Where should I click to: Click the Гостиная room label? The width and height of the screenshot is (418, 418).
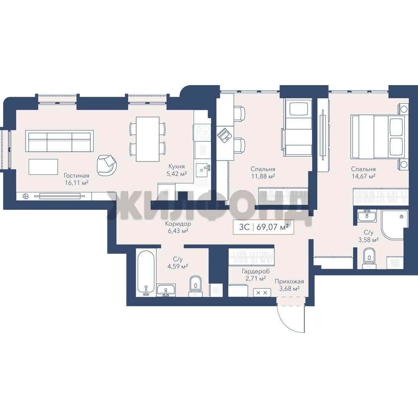click(76, 176)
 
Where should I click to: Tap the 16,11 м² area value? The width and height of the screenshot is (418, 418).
click(77, 183)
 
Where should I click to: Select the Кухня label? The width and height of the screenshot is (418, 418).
click(176, 166)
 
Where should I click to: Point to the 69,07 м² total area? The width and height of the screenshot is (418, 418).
click(272, 227)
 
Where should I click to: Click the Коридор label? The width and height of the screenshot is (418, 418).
click(178, 224)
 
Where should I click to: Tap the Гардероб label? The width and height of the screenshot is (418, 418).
click(256, 271)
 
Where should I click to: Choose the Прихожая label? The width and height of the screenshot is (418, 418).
click(289, 281)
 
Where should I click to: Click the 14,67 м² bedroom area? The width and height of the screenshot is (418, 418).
click(363, 176)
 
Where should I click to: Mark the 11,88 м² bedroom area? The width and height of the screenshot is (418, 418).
click(263, 176)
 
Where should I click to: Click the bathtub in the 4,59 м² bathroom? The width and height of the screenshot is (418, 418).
click(146, 273)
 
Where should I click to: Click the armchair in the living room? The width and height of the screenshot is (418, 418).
click(107, 165)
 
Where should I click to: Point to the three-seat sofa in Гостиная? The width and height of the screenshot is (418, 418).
click(60, 141)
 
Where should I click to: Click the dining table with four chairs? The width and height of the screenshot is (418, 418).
click(147, 139)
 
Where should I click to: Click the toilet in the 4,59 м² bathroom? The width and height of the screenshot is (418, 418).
click(196, 286)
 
